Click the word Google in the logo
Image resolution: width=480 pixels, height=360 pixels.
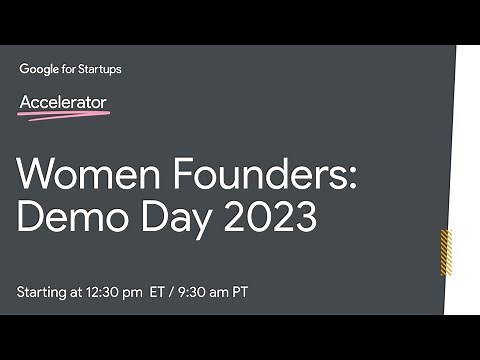39,69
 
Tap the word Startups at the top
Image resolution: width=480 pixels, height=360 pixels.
100,69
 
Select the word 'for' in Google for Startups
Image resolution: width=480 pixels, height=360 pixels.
69,69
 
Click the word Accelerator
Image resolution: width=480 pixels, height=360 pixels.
63,102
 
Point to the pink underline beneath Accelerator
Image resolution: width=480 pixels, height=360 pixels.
64,115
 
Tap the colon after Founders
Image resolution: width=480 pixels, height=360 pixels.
350,178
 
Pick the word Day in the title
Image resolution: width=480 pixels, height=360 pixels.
172,217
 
